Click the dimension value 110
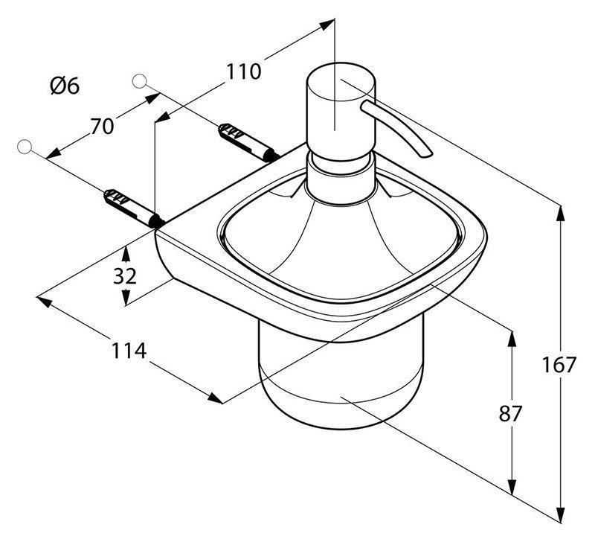[x=244, y=71]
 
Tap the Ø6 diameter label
[x=65, y=86]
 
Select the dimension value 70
[x=102, y=127]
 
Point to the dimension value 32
[x=124, y=276]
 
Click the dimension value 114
[x=129, y=351]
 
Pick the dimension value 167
[x=559, y=365]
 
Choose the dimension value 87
[x=510, y=413]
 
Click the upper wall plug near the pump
[x=248, y=142]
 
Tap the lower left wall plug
[x=134, y=208]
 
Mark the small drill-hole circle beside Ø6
[x=139, y=81]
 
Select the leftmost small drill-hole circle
[x=25, y=147]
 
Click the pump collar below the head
[x=341, y=179]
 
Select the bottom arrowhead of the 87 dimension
[x=512, y=488]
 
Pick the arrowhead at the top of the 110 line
[x=327, y=25]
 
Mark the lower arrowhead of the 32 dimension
[x=126, y=298]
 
